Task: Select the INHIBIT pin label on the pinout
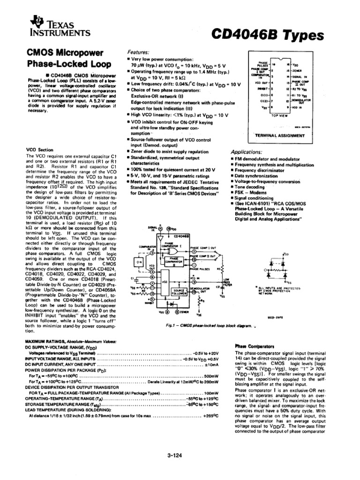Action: tap(262, 88)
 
